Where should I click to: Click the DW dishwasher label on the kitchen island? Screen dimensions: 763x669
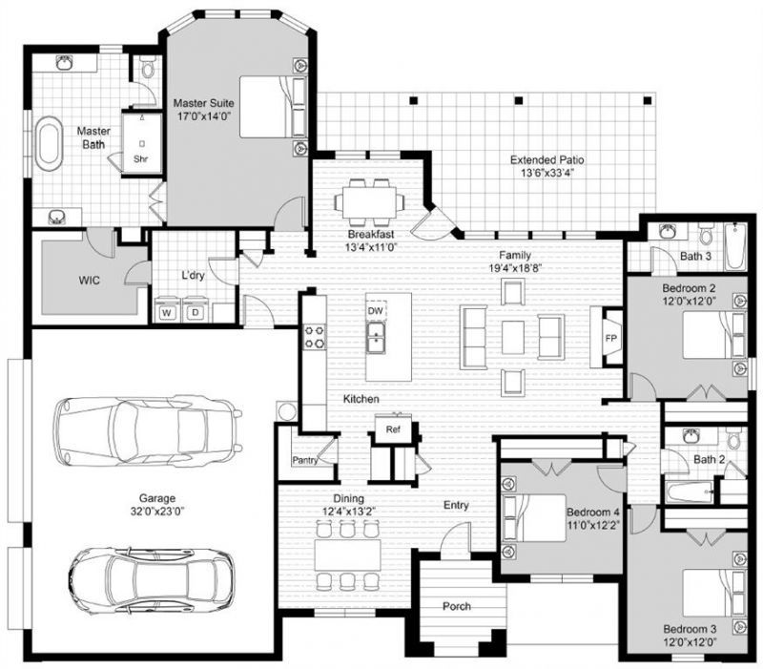375,311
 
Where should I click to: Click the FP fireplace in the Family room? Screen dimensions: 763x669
610,338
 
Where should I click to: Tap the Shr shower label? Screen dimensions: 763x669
140,159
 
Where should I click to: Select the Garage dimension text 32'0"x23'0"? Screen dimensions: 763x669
157,511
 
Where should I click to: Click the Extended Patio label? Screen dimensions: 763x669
546,159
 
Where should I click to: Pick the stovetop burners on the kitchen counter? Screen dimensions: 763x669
315,337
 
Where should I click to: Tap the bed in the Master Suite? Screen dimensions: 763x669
274,107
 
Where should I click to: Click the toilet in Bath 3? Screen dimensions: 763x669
705,234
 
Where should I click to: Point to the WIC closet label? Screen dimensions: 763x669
90,281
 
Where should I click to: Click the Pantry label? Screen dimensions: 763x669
305,460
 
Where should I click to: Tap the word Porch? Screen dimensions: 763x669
457,606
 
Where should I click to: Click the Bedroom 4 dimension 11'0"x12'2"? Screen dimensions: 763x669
593,525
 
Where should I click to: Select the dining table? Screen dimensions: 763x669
347,554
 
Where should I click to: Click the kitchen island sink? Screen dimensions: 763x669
375,337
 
